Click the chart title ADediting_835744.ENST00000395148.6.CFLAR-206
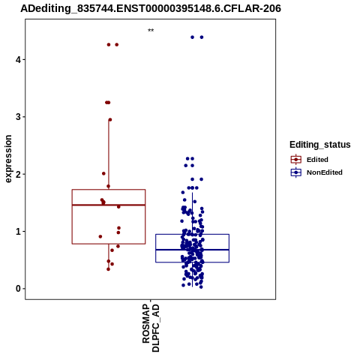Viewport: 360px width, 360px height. tap(151, 8)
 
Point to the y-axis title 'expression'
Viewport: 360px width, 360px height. tap(8, 159)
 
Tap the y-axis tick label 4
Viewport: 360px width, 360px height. tap(18, 60)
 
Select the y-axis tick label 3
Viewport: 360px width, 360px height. tap(18, 117)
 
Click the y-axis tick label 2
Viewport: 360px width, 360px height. tap(18, 174)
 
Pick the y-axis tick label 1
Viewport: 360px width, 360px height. tap(18, 231)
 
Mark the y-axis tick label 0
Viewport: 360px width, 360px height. tap(18, 289)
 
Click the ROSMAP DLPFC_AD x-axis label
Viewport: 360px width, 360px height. tap(151, 328)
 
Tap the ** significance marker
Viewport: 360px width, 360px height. tap(151, 31)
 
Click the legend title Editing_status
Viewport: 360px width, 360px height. tap(320, 145)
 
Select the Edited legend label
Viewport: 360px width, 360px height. tap(317, 160)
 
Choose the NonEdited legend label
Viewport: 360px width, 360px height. tap(325, 172)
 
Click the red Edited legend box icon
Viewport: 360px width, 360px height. tap(296, 160)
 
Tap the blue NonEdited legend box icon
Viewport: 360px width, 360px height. tap(296, 172)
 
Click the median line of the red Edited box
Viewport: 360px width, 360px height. tap(109, 205)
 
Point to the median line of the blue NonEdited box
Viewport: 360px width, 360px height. tap(192, 250)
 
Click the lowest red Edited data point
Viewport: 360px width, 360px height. tap(108, 269)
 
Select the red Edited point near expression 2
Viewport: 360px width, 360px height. tap(103, 173)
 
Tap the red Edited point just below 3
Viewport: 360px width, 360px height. tap(110, 120)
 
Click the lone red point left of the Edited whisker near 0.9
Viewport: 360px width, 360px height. tap(100, 236)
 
